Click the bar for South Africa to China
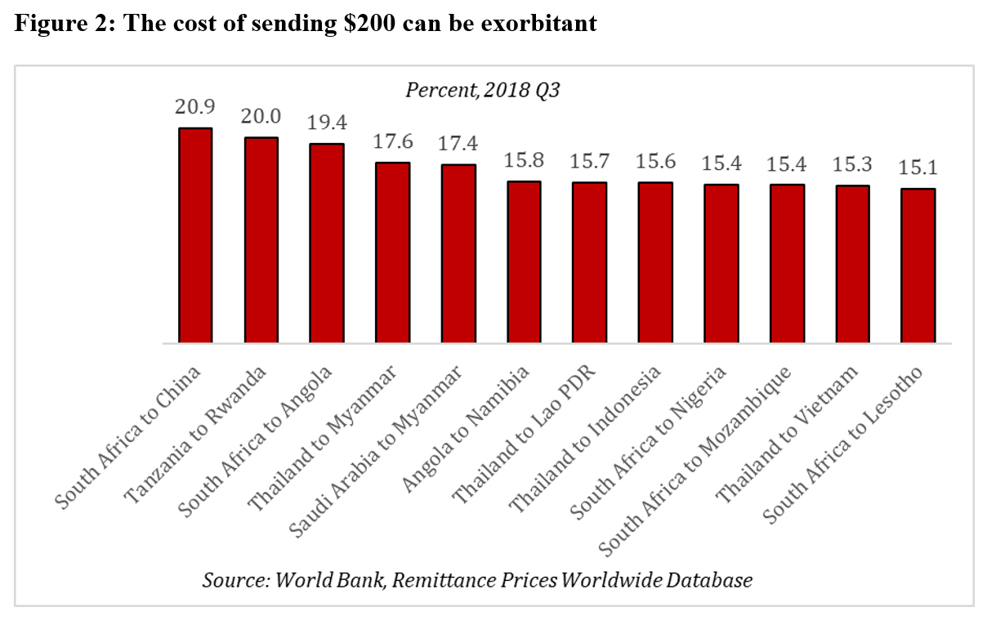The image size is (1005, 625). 195,235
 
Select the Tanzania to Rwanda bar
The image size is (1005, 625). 261,240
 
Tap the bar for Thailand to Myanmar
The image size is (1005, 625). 393,252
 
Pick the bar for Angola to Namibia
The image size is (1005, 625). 525,261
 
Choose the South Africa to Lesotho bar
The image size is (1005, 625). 918,266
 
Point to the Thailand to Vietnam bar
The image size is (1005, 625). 853,264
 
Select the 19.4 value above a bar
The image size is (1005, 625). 327,124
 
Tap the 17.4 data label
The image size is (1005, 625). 458,144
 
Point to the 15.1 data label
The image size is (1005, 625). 918,168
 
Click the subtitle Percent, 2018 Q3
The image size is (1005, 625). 481,90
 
